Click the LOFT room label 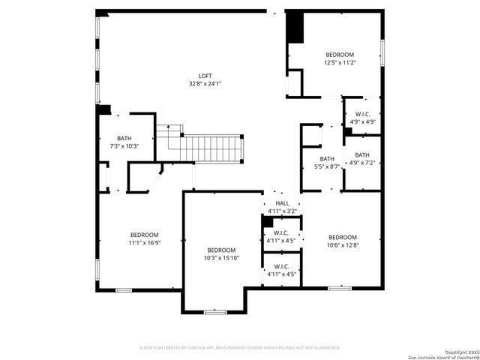click(205, 76)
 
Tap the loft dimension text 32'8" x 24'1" click(205, 83)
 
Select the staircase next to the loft click(214, 148)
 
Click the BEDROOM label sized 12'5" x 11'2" click(340, 55)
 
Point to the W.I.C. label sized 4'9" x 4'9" click(361, 114)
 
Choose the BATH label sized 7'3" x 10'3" click(124, 138)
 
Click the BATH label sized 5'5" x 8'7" click(327, 158)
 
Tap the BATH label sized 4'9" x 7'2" click(362, 154)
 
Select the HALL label click(282, 203)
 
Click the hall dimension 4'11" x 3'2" click(282, 211)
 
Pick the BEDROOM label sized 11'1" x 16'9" click(144, 235)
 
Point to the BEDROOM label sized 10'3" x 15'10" click(221, 250)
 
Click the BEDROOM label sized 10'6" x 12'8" click(343, 237)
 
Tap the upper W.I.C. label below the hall click(282, 233)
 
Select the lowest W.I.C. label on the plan click(282, 266)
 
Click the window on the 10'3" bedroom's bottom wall click(215, 311)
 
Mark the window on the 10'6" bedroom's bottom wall click(340, 288)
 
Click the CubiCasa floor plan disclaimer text click(240, 347)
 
